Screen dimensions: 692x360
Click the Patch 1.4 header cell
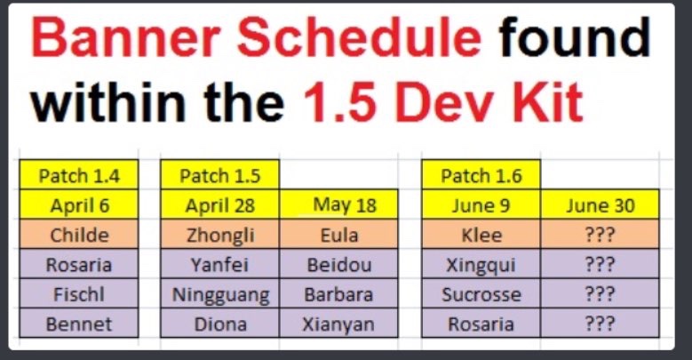click(x=79, y=175)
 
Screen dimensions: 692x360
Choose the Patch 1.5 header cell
click(x=219, y=175)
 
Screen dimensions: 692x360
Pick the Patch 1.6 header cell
click(x=481, y=175)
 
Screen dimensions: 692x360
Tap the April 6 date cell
click(x=79, y=205)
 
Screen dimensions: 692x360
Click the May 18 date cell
click(x=338, y=205)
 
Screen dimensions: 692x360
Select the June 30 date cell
click(x=600, y=205)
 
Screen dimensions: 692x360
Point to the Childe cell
click(x=79, y=235)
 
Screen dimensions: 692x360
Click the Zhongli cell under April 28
click(x=219, y=235)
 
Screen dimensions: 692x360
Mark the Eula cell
click(x=338, y=235)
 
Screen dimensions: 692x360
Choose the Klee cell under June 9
click(x=481, y=235)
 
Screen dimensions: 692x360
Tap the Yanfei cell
click(x=219, y=264)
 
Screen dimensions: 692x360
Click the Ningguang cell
click(x=219, y=293)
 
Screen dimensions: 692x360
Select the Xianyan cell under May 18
click(x=338, y=324)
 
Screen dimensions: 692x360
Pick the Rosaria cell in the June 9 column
click(x=481, y=324)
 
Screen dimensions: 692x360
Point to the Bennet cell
click(x=79, y=324)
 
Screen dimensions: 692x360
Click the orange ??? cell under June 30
click(x=600, y=235)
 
